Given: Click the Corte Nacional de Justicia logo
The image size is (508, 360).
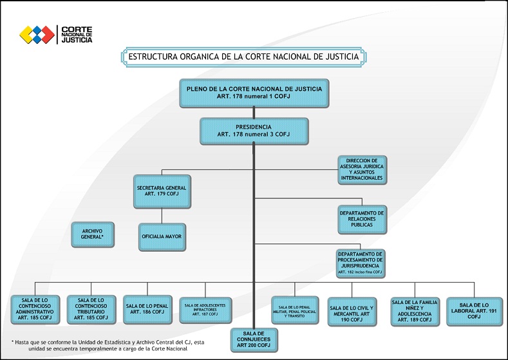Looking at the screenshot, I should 57,34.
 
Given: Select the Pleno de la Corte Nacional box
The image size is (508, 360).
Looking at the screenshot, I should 254,92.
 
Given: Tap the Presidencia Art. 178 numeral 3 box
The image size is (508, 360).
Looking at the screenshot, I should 254,131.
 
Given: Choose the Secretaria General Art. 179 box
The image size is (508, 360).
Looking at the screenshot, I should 162,191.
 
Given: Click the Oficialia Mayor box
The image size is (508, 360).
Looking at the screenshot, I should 162,237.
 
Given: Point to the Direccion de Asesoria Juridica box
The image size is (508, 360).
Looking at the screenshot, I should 362,170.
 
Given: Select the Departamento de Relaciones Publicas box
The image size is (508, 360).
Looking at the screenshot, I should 362,219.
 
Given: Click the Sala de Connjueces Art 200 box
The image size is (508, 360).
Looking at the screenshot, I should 254,339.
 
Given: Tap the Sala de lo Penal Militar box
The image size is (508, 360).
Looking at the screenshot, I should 296,308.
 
